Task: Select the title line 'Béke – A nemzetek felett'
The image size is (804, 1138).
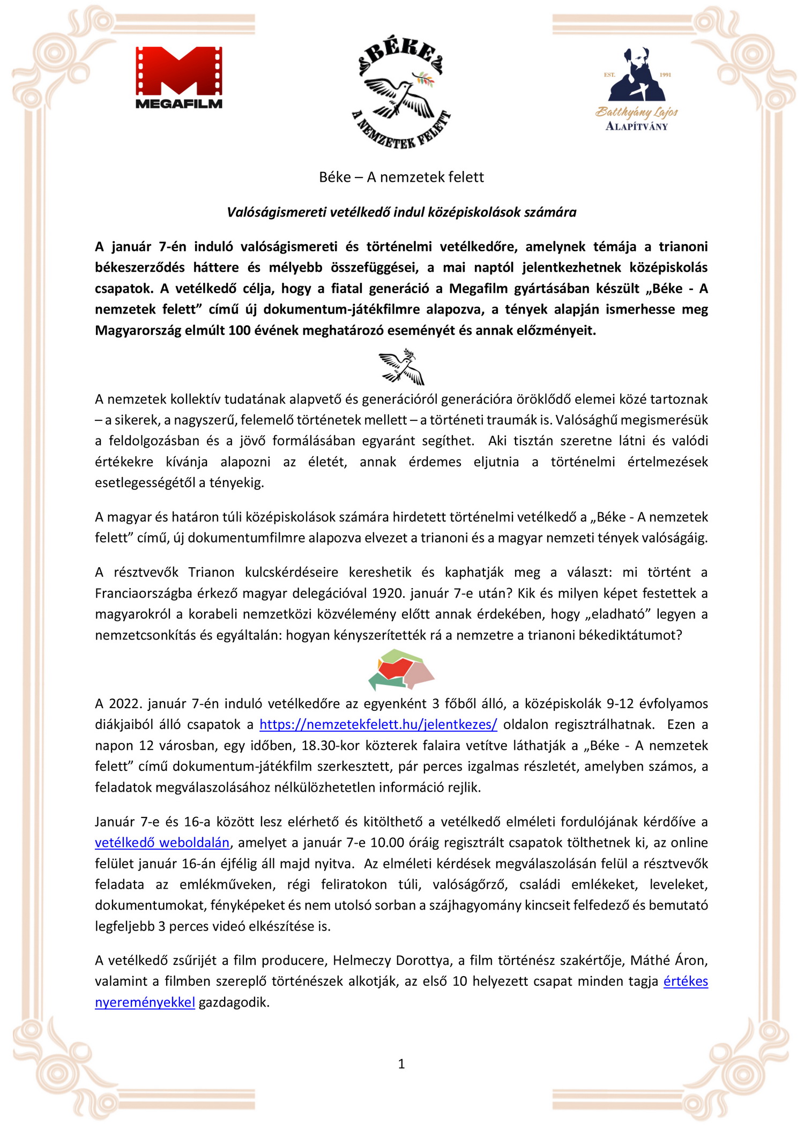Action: pyautogui.click(x=401, y=177)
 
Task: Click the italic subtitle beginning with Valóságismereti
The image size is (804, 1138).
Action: pyautogui.click(x=401, y=212)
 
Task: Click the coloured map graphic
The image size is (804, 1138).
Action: pyautogui.click(x=401, y=670)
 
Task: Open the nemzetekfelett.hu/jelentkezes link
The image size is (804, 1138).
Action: pyautogui.click(x=378, y=725)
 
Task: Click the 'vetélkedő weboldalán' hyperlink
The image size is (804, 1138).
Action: pyautogui.click(x=162, y=843)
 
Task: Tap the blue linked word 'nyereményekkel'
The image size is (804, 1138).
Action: pyautogui.click(x=145, y=1002)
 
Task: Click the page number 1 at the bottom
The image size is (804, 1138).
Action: pyautogui.click(x=401, y=1064)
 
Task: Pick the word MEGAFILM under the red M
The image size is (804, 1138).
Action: pyautogui.click(x=179, y=104)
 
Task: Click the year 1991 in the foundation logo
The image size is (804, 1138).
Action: pyautogui.click(x=665, y=75)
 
